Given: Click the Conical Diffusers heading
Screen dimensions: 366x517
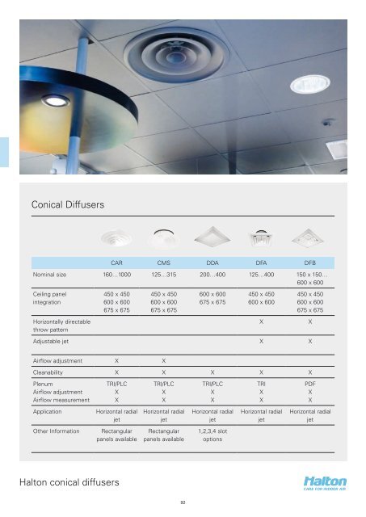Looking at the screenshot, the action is [70, 207].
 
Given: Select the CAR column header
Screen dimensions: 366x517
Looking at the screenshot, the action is [116, 263].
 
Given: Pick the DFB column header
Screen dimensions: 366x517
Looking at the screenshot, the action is [309, 263].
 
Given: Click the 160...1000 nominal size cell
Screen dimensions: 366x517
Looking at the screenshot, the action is [116, 276].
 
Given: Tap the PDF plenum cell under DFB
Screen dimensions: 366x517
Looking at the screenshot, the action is [309, 385].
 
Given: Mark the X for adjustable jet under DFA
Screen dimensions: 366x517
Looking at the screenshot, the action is [261, 341].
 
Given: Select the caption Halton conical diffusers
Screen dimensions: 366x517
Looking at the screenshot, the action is [71, 483].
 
